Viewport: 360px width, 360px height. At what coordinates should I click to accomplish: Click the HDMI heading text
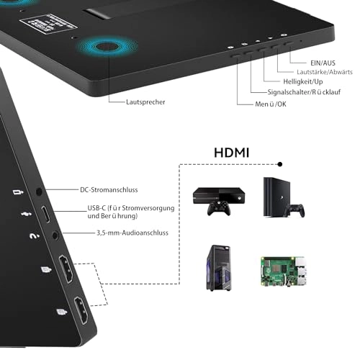click(231, 153)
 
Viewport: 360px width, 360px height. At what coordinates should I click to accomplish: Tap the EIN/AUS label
click(323, 63)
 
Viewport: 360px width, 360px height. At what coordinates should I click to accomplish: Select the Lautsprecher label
click(145, 102)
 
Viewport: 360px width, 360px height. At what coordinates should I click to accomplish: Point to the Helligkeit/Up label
click(303, 81)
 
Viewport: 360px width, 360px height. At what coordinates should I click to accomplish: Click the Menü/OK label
click(271, 104)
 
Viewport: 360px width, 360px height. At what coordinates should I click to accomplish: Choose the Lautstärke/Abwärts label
click(325, 72)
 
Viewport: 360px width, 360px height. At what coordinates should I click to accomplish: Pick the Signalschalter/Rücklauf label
click(304, 92)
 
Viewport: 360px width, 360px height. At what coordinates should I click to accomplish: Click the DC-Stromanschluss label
click(109, 190)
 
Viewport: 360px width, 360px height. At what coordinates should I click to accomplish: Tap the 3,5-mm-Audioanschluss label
click(132, 233)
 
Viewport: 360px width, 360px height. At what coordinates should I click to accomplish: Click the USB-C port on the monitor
click(46, 214)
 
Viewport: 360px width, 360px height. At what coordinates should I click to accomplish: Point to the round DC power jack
click(39, 192)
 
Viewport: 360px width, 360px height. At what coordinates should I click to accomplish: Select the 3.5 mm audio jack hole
click(55, 235)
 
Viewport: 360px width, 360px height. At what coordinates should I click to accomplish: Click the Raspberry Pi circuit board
click(284, 271)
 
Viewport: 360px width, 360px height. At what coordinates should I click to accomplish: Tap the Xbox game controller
click(219, 209)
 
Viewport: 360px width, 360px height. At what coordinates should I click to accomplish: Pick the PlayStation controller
click(295, 210)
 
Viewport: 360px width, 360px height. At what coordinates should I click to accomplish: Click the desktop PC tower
click(219, 268)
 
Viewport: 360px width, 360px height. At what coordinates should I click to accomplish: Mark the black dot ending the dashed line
click(280, 164)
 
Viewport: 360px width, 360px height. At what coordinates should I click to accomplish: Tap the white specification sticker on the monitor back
click(48, 24)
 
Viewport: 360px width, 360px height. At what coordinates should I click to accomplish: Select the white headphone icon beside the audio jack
click(35, 236)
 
